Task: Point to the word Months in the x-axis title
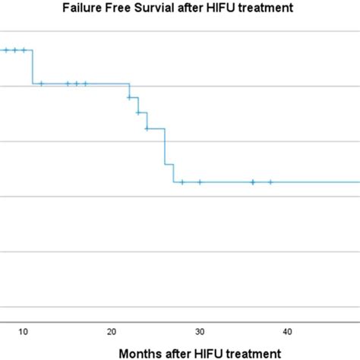pos(141,352)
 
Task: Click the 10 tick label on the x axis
pos(24,331)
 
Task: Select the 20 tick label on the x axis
pos(112,331)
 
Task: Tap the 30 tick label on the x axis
pos(200,331)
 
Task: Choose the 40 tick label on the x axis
pos(288,331)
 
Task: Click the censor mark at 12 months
pos(41,84)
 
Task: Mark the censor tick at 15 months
pos(68,84)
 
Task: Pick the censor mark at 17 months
pos(85,84)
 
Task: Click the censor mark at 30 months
pos(200,182)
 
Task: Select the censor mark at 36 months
pos(253,182)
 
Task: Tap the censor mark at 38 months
pos(270,182)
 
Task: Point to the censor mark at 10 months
pos(24,50)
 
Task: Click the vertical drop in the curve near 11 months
pos(33,67)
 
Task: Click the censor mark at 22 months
pos(129,97)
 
